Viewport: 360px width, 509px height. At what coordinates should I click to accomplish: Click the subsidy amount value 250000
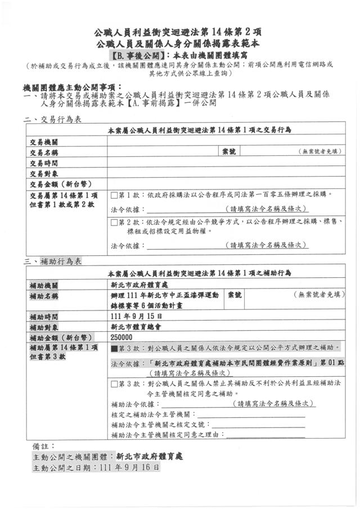click(x=122, y=337)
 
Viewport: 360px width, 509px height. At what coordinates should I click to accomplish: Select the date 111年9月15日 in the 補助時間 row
click(x=133, y=317)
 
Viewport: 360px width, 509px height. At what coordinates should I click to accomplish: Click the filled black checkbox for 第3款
click(x=114, y=349)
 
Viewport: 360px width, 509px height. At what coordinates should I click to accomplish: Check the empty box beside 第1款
click(x=114, y=195)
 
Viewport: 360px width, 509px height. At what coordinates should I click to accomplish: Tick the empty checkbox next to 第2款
click(x=114, y=222)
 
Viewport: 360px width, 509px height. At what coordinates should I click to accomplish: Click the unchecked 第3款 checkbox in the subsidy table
click(x=114, y=384)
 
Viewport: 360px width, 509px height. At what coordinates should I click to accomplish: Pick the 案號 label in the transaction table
click(x=229, y=152)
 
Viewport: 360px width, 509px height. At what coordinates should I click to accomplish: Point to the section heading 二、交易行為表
click(x=53, y=119)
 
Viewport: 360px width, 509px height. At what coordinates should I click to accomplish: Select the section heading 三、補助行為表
click(x=53, y=262)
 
